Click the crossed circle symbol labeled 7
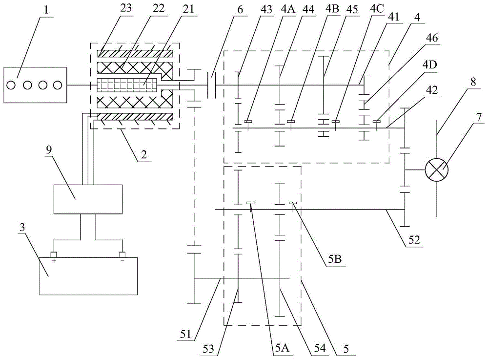click(436, 170)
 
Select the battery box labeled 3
click(88, 276)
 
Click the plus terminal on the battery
click(54, 255)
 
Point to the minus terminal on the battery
click(122, 255)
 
